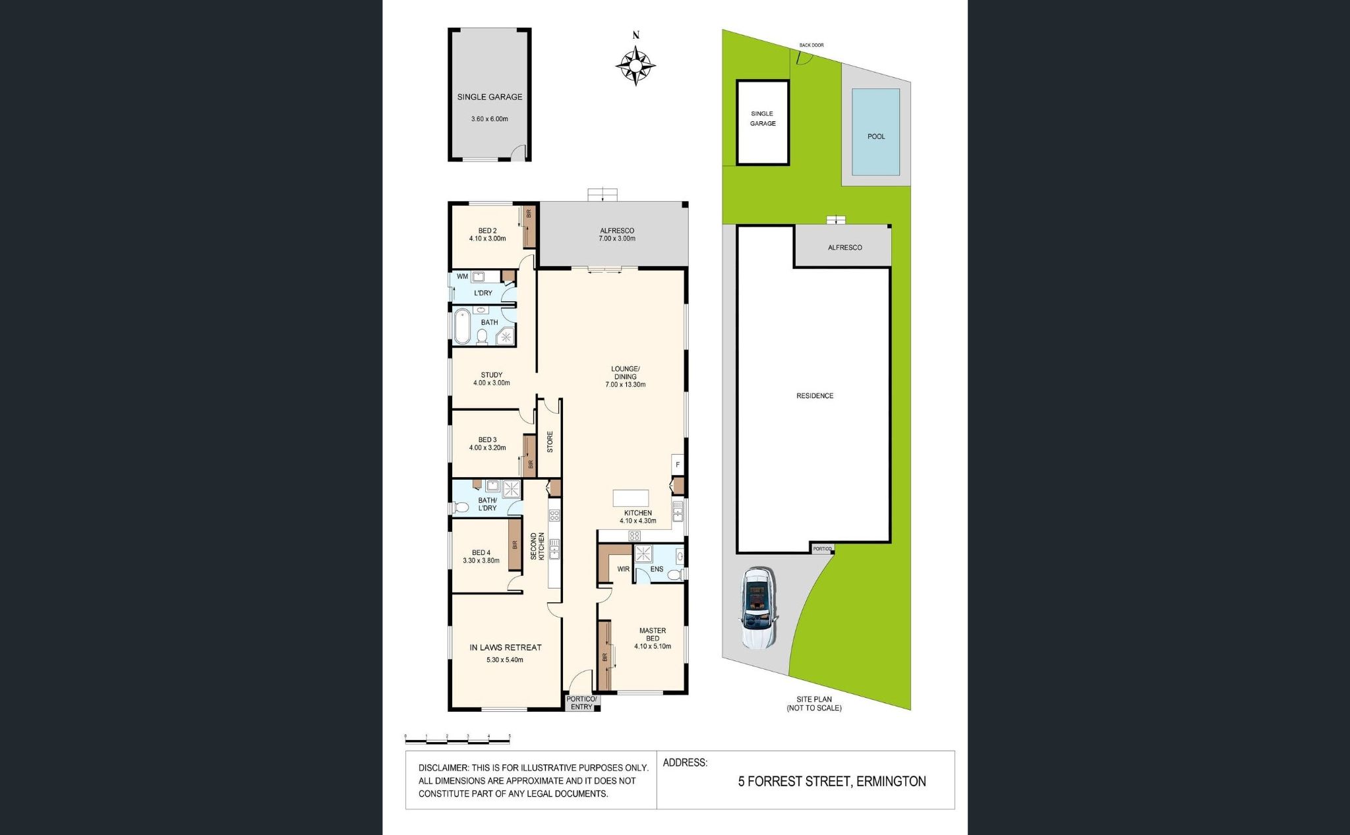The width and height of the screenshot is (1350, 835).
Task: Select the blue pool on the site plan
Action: [x=876, y=132]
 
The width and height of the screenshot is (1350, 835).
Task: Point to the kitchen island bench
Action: [x=631, y=498]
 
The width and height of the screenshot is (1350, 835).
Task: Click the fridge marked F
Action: [x=678, y=465]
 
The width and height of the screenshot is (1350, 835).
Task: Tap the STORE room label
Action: [x=550, y=441]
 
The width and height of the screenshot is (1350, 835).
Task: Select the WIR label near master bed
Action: [x=623, y=569]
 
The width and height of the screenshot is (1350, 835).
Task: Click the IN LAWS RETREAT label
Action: [x=506, y=647]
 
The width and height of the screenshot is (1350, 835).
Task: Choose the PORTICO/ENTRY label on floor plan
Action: [x=581, y=703]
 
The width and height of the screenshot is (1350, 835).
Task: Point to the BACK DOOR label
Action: [x=811, y=45]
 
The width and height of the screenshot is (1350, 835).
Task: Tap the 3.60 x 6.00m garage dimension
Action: [x=489, y=119]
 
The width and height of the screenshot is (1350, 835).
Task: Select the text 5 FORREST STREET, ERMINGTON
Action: [x=832, y=782]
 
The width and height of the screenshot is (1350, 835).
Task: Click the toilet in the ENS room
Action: [x=674, y=575]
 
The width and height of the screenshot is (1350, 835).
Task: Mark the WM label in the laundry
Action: [x=462, y=276]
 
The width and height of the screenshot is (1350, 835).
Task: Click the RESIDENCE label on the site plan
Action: [x=815, y=396]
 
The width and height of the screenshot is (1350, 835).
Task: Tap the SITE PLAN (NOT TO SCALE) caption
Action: [x=813, y=704]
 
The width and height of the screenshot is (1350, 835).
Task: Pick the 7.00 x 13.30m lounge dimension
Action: [x=625, y=384]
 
